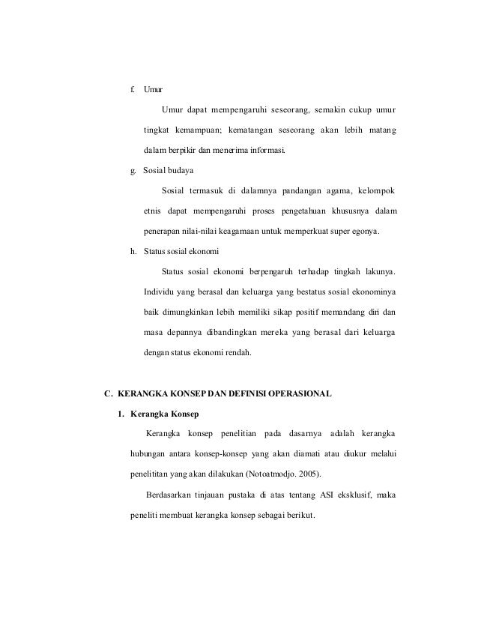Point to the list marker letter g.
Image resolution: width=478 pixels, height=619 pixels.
click(132, 172)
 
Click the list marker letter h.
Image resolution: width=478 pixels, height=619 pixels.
click(132, 251)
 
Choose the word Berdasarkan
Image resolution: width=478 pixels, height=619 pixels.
click(170, 494)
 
